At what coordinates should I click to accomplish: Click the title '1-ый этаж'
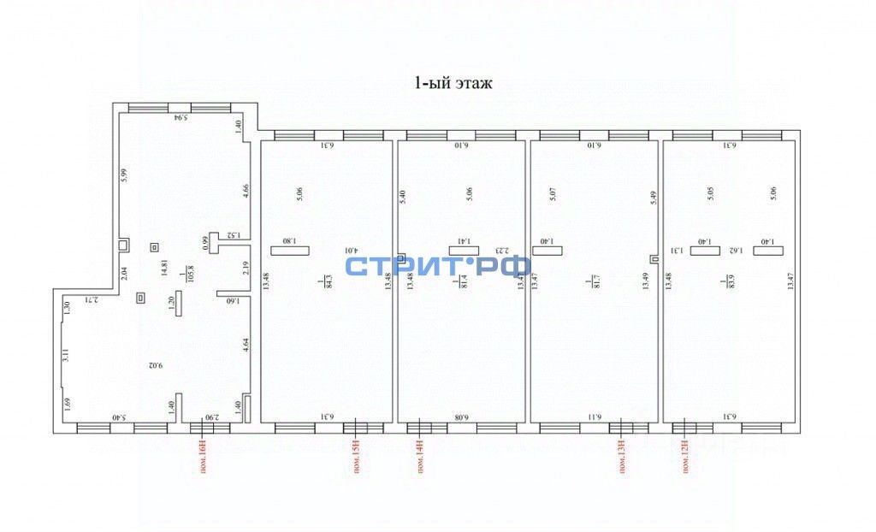[x=453, y=84]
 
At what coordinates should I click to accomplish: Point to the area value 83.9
[x=728, y=281]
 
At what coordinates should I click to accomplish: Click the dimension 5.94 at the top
[x=181, y=117]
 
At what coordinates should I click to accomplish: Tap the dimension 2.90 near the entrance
[x=211, y=417]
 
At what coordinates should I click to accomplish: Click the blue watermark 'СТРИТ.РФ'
[x=437, y=265]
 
